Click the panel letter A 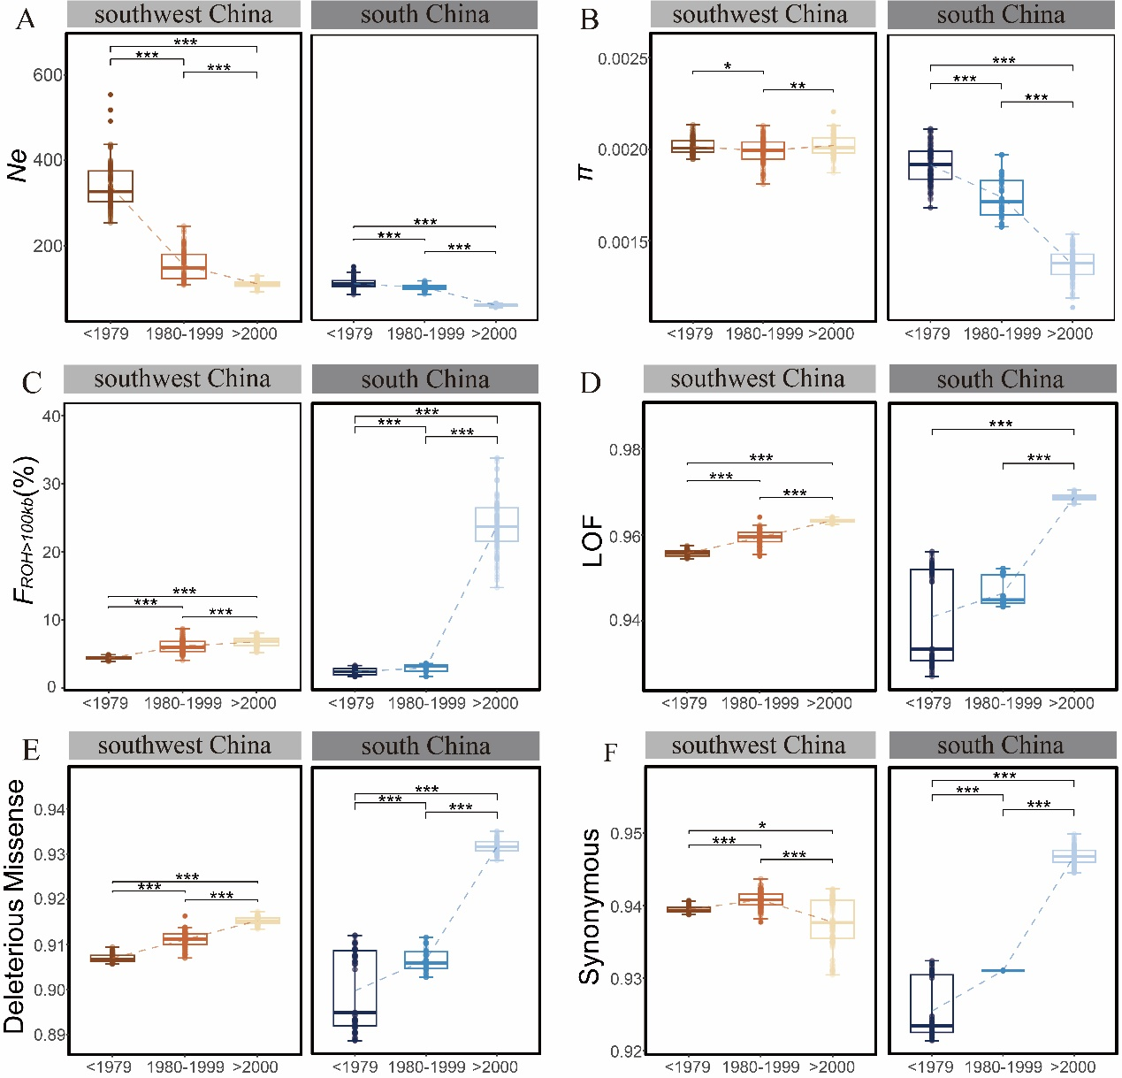(x=25, y=19)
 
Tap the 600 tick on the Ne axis (x=48, y=75)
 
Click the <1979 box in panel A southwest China (x=111, y=186)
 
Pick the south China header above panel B (x=1001, y=15)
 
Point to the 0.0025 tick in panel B (x=622, y=59)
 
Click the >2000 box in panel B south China (x=1072, y=264)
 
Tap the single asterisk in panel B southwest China (x=728, y=66)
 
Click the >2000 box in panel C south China (x=497, y=524)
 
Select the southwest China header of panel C (x=182, y=379)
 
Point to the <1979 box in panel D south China (x=932, y=615)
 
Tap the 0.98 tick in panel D (x=624, y=450)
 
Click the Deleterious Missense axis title (x=15, y=906)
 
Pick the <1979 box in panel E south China (x=355, y=988)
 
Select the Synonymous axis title (x=590, y=906)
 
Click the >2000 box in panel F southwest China (x=832, y=920)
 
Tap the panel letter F (x=610, y=753)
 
